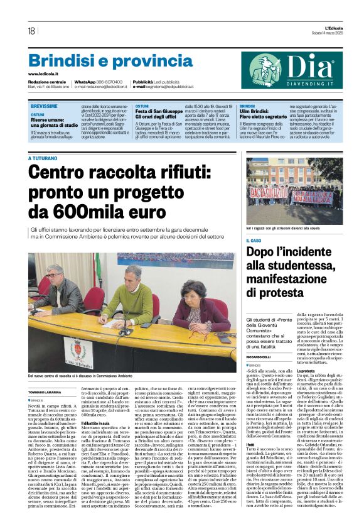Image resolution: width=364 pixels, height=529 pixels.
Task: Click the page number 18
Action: click(x=31, y=31)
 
